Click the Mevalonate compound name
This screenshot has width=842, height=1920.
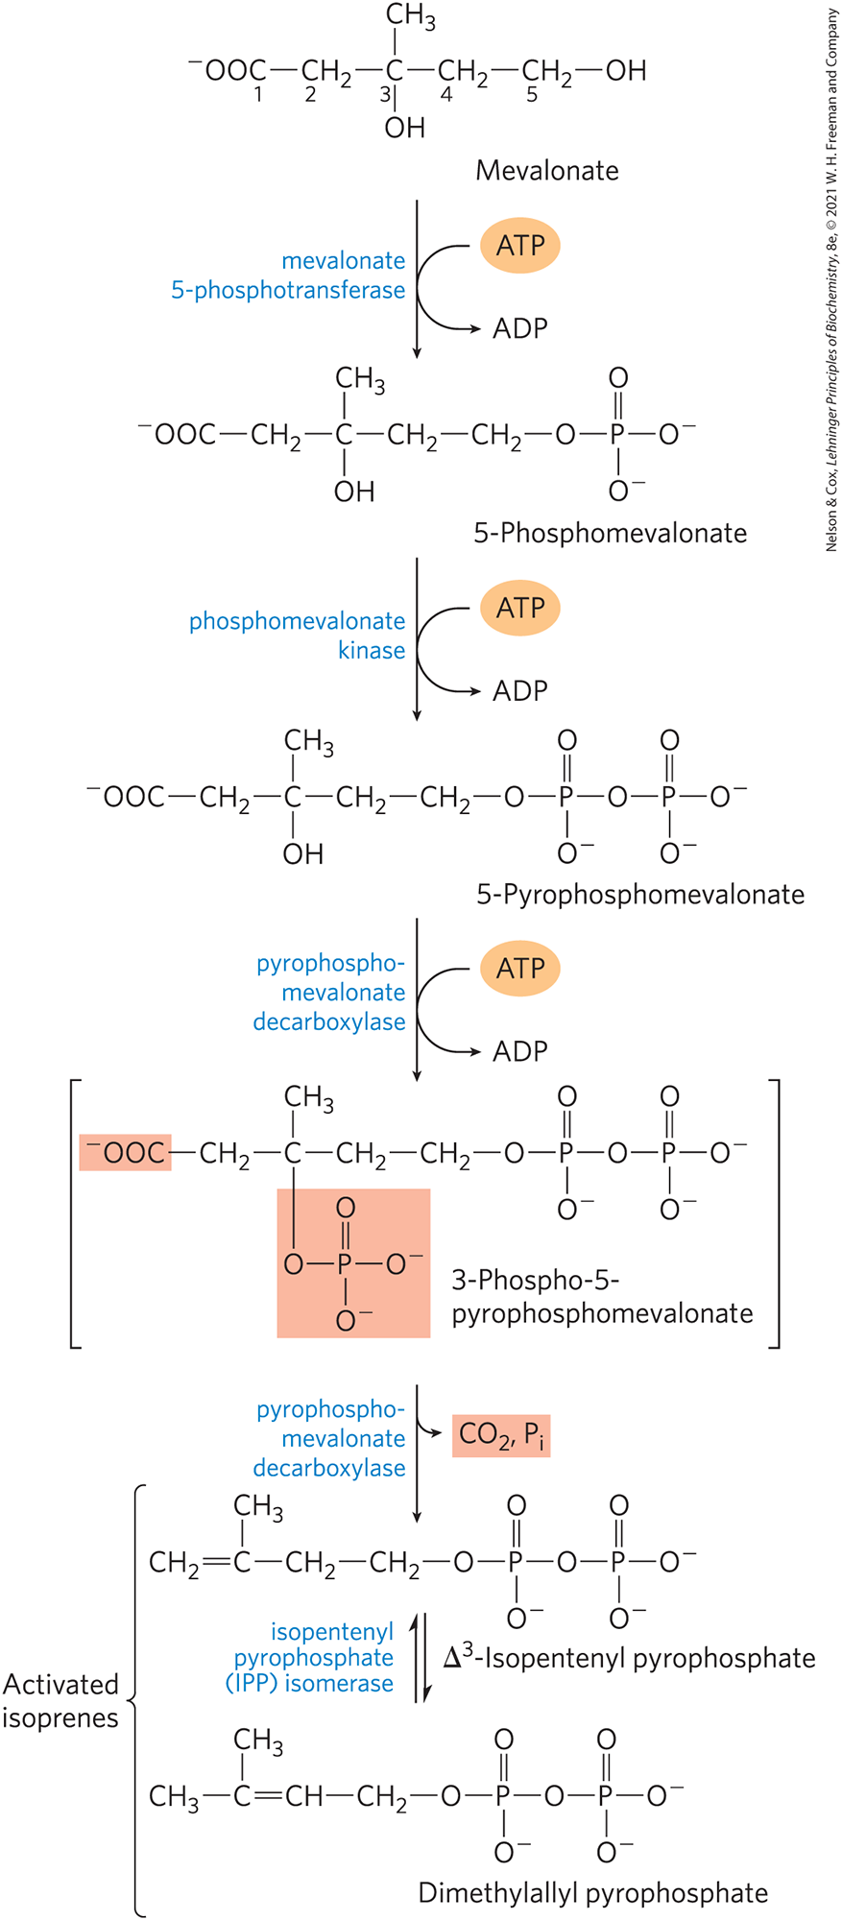pos(547,171)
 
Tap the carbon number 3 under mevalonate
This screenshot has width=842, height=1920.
pos(384,95)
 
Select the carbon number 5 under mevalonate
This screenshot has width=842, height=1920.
pos(532,95)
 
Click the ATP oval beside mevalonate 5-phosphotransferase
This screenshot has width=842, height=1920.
pos(519,246)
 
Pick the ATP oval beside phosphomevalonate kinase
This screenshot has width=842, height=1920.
pos(519,608)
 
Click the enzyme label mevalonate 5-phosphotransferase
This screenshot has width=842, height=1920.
pos(288,276)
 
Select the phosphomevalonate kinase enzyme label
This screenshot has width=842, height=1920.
pos(298,636)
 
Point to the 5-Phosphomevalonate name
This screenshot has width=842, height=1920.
pos(610,533)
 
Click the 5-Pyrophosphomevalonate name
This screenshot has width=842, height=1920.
pos(640,895)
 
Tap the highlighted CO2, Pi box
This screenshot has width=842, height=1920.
pos(501,1435)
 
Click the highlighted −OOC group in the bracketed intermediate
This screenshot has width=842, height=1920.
pos(125,1152)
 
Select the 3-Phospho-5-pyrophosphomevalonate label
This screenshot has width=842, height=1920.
pos(602,1297)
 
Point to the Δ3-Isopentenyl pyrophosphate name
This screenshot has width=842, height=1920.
pos(630,1658)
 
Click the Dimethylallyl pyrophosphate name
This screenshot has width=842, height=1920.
pos(593,1893)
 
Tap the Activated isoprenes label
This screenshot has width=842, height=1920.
pos(60,1700)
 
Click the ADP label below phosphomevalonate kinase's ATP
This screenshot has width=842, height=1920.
pos(519,691)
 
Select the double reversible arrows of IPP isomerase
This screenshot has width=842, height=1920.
pos(421,1658)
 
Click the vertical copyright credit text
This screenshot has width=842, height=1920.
pos(831,278)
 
